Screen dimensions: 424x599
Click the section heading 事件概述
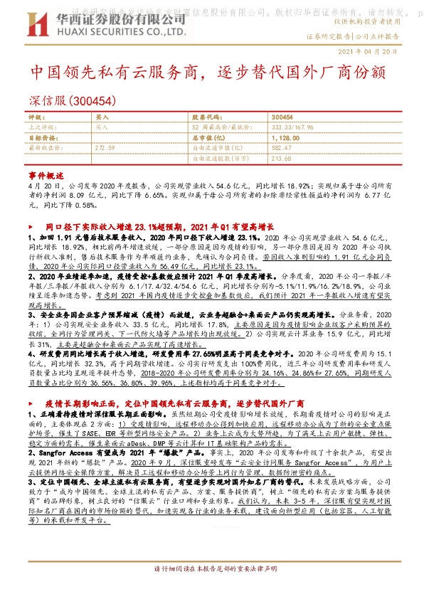pos(46,175)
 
